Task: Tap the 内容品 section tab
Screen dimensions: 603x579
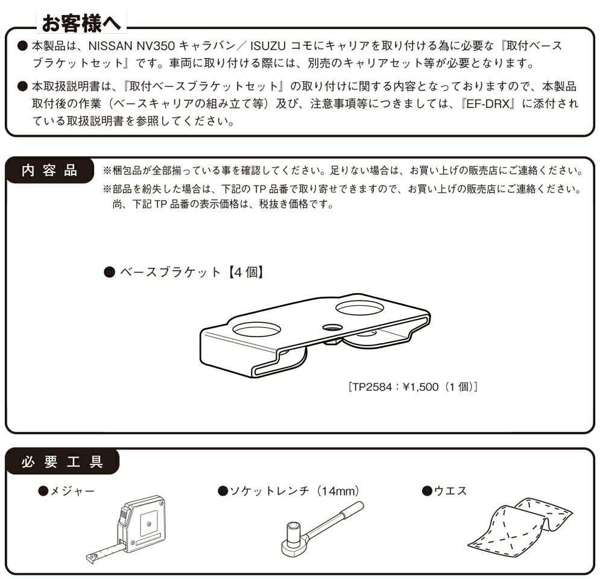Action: [x=49, y=171]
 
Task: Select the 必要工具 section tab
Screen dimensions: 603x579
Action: [x=62, y=461]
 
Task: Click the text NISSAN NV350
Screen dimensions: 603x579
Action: [x=132, y=46]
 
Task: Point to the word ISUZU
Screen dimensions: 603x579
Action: [x=268, y=46]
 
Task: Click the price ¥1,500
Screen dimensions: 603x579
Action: [x=420, y=387]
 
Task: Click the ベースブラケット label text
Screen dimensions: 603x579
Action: [x=170, y=273]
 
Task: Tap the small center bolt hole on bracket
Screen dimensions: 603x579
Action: [x=332, y=327]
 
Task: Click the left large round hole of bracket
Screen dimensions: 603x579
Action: [x=256, y=330]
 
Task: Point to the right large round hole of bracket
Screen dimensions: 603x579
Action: [x=359, y=307]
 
